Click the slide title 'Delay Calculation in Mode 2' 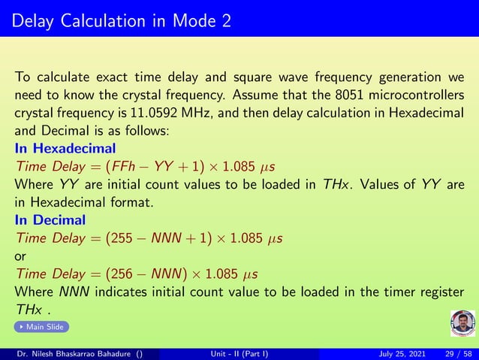coord(122,20)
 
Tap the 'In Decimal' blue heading coord(50,220)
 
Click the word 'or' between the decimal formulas coord(20,256)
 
